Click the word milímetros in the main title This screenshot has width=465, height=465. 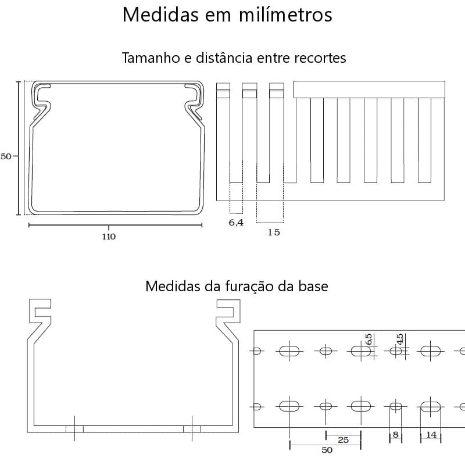[x=286, y=15]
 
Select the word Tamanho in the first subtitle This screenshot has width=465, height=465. [x=149, y=58]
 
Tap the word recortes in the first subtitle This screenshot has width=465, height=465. [x=319, y=58]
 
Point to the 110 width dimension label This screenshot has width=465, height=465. [x=109, y=237]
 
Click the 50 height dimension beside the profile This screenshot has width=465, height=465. [x=6, y=156]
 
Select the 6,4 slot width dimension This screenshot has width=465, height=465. [x=236, y=223]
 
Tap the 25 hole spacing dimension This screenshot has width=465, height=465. [x=343, y=440]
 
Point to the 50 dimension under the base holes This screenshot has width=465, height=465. [x=327, y=450]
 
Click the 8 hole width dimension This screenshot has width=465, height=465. [x=395, y=435]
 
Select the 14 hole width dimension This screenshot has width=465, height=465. [x=431, y=435]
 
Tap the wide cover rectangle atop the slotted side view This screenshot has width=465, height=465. [x=370, y=90]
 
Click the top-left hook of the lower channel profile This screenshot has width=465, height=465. [x=41, y=312]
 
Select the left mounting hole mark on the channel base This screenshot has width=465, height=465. [x=74, y=429]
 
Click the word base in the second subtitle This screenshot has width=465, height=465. [x=315, y=287]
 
